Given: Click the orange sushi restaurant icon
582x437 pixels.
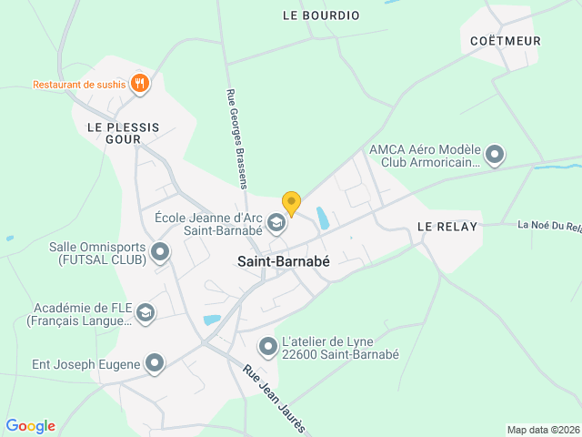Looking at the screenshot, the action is pyautogui.click(x=139, y=85).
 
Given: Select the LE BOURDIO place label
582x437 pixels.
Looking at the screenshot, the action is pyautogui.click(x=321, y=15).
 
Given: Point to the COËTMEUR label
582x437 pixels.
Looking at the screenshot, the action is pyautogui.click(x=506, y=41).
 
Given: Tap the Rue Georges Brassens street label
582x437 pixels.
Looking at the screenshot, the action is pyautogui.click(x=237, y=137).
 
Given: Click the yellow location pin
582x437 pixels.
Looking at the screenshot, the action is pyautogui.click(x=291, y=203).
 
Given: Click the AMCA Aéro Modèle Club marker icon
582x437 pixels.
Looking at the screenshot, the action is pyautogui.click(x=495, y=156).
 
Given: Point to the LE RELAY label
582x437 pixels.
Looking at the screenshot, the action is pyautogui.click(x=447, y=227).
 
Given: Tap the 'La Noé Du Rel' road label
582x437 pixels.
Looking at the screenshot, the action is pyautogui.click(x=548, y=225).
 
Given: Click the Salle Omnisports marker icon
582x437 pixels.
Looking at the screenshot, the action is pyautogui.click(x=160, y=252).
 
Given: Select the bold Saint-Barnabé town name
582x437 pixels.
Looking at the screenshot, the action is pyautogui.click(x=284, y=260).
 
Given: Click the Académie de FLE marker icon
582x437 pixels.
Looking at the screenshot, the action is pyautogui.click(x=145, y=314).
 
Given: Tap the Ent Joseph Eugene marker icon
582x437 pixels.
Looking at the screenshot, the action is pyautogui.click(x=155, y=364).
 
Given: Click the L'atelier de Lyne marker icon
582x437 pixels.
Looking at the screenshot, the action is pyautogui.click(x=268, y=347).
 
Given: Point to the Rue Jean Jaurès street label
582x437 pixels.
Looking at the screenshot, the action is pyautogui.click(x=276, y=400).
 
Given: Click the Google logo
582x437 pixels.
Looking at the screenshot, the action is pyautogui.click(x=30, y=426).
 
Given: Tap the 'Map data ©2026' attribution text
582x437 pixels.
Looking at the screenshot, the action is pyautogui.click(x=542, y=430).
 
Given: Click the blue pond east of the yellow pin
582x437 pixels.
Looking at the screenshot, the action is pyautogui.click(x=321, y=218).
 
